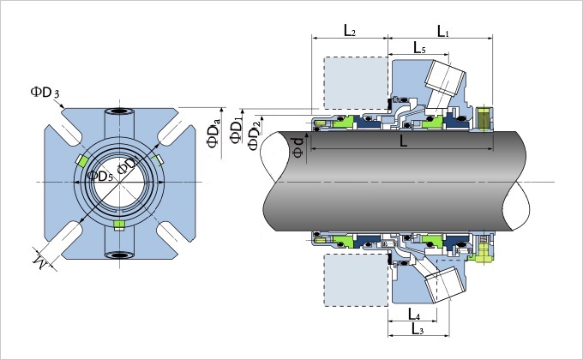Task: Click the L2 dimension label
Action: (x=350, y=31)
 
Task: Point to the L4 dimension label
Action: (x=413, y=314)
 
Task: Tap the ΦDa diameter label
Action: (x=214, y=133)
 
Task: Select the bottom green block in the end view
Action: (x=119, y=224)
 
